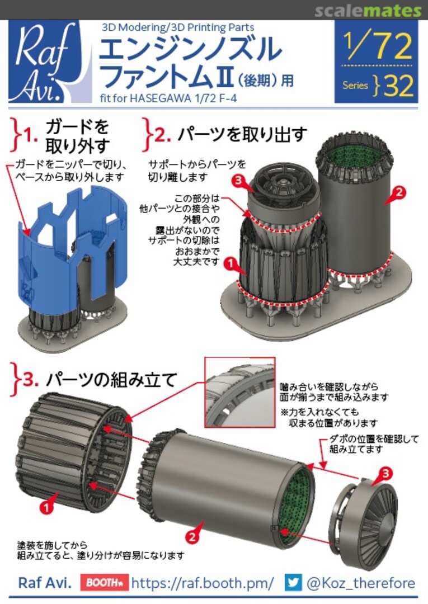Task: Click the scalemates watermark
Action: tap(367, 11)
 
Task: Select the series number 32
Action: tap(399, 86)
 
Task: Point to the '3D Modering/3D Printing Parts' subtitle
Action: tap(177, 27)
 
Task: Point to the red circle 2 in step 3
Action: tap(192, 537)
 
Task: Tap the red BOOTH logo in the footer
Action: tap(105, 583)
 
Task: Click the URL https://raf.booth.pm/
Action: tap(203, 583)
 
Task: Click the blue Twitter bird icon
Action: tap(293, 583)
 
